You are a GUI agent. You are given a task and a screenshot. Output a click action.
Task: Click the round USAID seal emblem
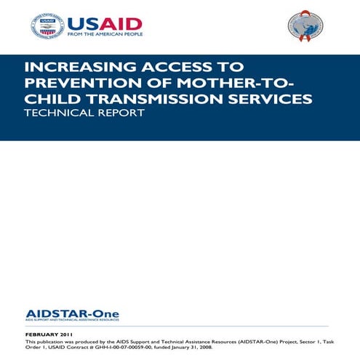click(47, 25)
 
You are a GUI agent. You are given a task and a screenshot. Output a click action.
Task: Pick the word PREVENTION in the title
click(79, 84)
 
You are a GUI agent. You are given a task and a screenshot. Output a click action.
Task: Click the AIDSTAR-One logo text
click(72, 313)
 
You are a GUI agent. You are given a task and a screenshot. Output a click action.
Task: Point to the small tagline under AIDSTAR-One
click(71, 320)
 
